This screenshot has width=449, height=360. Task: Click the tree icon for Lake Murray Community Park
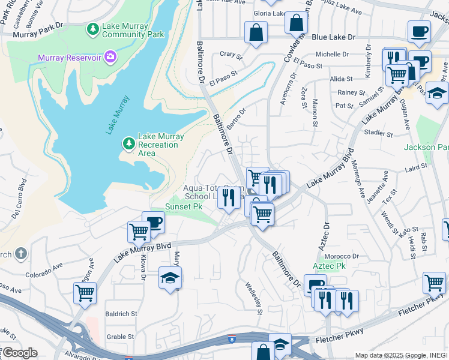[93, 28]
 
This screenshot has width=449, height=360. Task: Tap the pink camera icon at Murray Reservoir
[110, 57]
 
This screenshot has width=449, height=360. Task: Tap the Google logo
[19, 353]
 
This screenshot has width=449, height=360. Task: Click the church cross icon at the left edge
[21, 254]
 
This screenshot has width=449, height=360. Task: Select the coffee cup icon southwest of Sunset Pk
[154, 222]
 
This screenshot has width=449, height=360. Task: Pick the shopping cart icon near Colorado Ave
[85, 293]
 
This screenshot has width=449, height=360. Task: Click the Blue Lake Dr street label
[336, 37]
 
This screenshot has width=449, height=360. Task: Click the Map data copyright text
[400, 355]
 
